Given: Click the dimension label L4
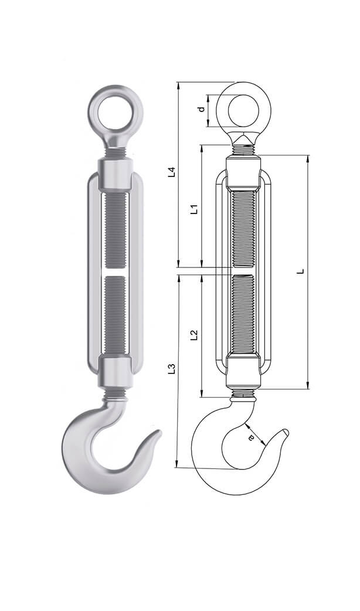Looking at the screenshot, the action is [x=172, y=172].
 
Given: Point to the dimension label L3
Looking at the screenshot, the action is [x=172, y=369].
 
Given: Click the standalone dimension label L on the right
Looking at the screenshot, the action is [x=300, y=271].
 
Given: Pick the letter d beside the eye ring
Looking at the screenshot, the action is [x=202, y=109].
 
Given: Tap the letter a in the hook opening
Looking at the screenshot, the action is [x=252, y=437].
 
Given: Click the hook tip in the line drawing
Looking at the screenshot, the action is [x=287, y=432].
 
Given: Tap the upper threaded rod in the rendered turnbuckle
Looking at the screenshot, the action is [x=116, y=230].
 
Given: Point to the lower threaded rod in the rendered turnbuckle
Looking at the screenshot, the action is [x=116, y=314].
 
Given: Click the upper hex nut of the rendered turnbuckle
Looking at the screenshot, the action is [x=116, y=174].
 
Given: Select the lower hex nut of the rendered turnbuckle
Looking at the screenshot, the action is [x=116, y=371].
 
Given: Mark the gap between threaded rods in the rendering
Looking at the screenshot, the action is [x=116, y=272].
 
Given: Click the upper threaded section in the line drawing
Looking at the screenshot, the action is [x=243, y=229].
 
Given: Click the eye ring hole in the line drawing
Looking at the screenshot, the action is [x=243, y=110].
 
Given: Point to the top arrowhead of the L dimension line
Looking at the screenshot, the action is [x=308, y=158].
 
